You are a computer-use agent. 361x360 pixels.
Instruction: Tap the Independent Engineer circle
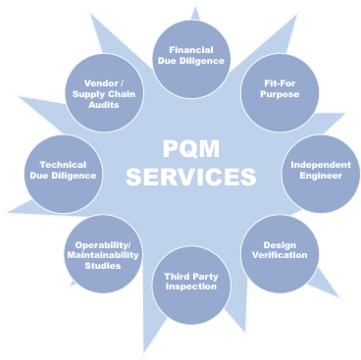320,172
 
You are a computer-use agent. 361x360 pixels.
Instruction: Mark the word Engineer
320,179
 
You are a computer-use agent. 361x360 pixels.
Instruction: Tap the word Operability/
102,244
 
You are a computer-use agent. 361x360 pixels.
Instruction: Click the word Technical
63,164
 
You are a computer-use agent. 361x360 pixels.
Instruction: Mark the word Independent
320,165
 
